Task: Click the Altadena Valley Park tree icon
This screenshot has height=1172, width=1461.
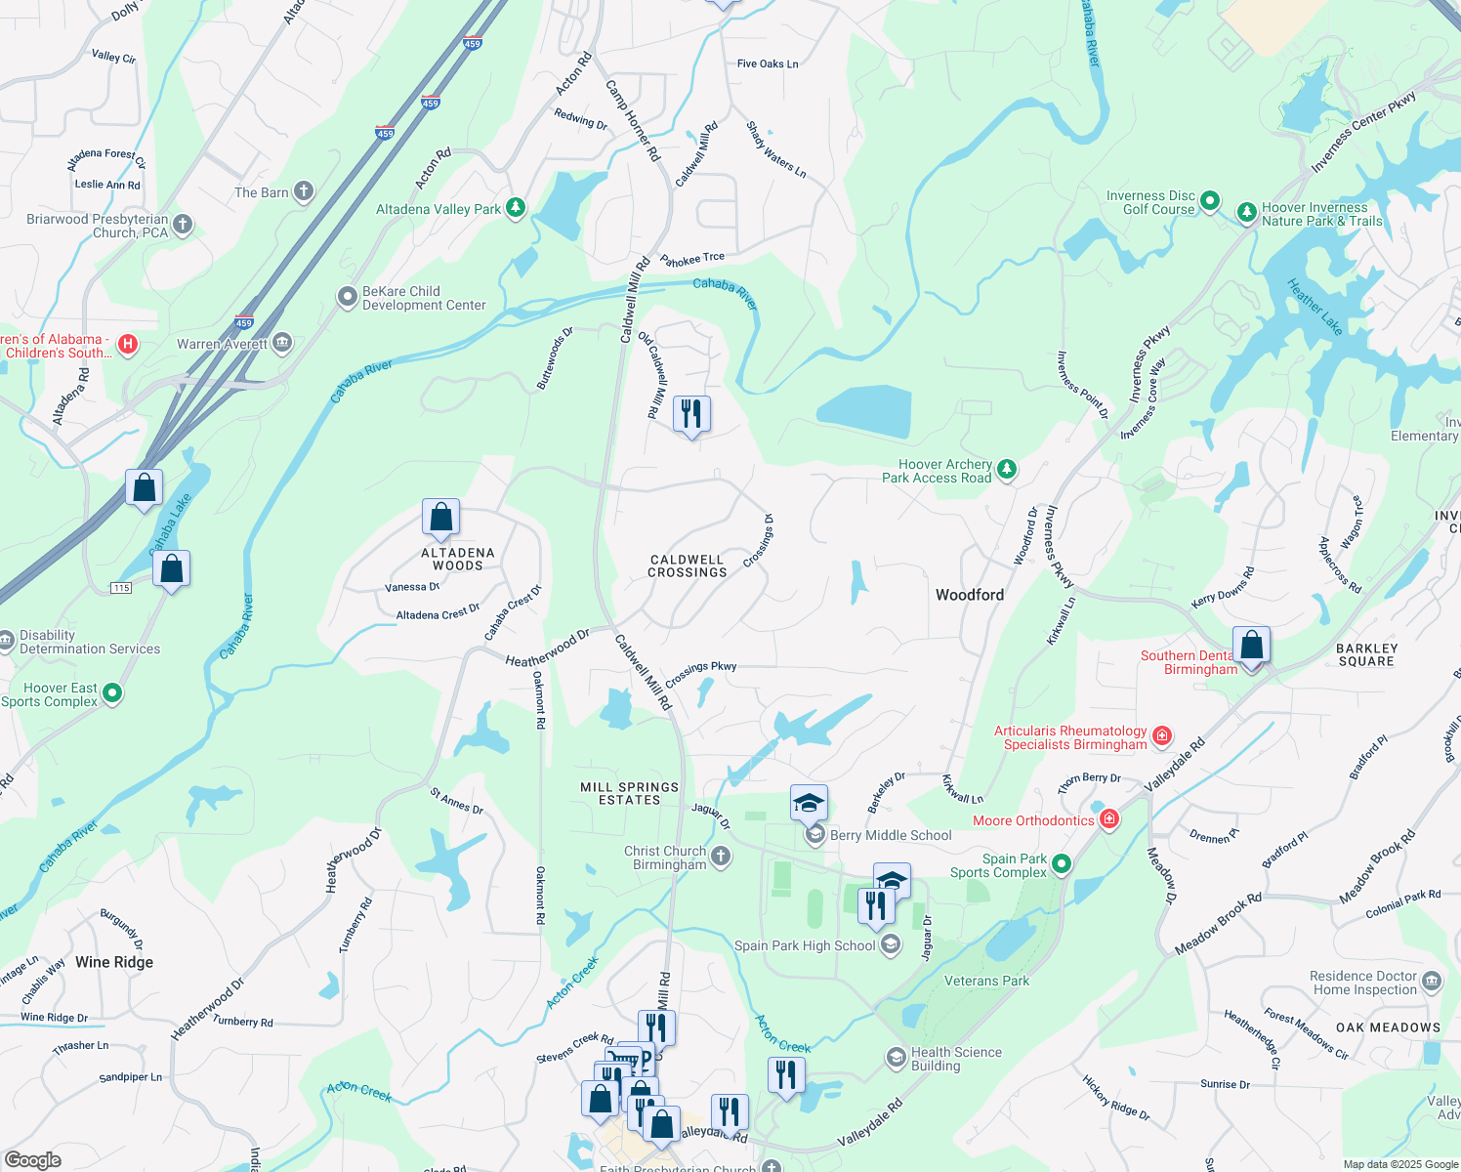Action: (516, 208)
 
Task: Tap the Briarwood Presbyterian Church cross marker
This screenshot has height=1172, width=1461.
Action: (183, 226)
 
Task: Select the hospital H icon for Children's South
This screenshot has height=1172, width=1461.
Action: (127, 344)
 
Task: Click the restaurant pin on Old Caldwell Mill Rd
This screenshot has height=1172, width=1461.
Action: (691, 414)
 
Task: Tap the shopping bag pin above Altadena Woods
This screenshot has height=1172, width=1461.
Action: (440, 517)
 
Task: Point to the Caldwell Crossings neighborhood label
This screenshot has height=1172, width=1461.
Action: (688, 566)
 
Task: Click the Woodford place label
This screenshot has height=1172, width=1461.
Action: (969, 595)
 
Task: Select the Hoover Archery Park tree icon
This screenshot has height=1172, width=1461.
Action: (1007, 470)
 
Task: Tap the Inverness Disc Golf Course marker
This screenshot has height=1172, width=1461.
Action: (1210, 201)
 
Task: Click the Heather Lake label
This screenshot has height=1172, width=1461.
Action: (1315, 307)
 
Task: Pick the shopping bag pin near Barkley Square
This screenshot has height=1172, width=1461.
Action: (1251, 647)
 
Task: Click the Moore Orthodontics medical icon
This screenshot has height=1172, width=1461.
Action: (1109, 820)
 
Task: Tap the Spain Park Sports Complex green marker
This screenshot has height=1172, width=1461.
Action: (1062, 864)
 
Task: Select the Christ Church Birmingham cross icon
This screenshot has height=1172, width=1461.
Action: (721, 857)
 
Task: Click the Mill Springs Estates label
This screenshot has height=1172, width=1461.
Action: (629, 793)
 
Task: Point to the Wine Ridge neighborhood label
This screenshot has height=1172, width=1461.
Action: (114, 962)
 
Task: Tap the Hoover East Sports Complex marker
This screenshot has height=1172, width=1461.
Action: (112, 693)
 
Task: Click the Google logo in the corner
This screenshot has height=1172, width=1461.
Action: (33, 1159)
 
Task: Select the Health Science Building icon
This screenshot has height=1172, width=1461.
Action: (896, 1058)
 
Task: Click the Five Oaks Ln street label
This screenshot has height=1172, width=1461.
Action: (768, 63)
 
